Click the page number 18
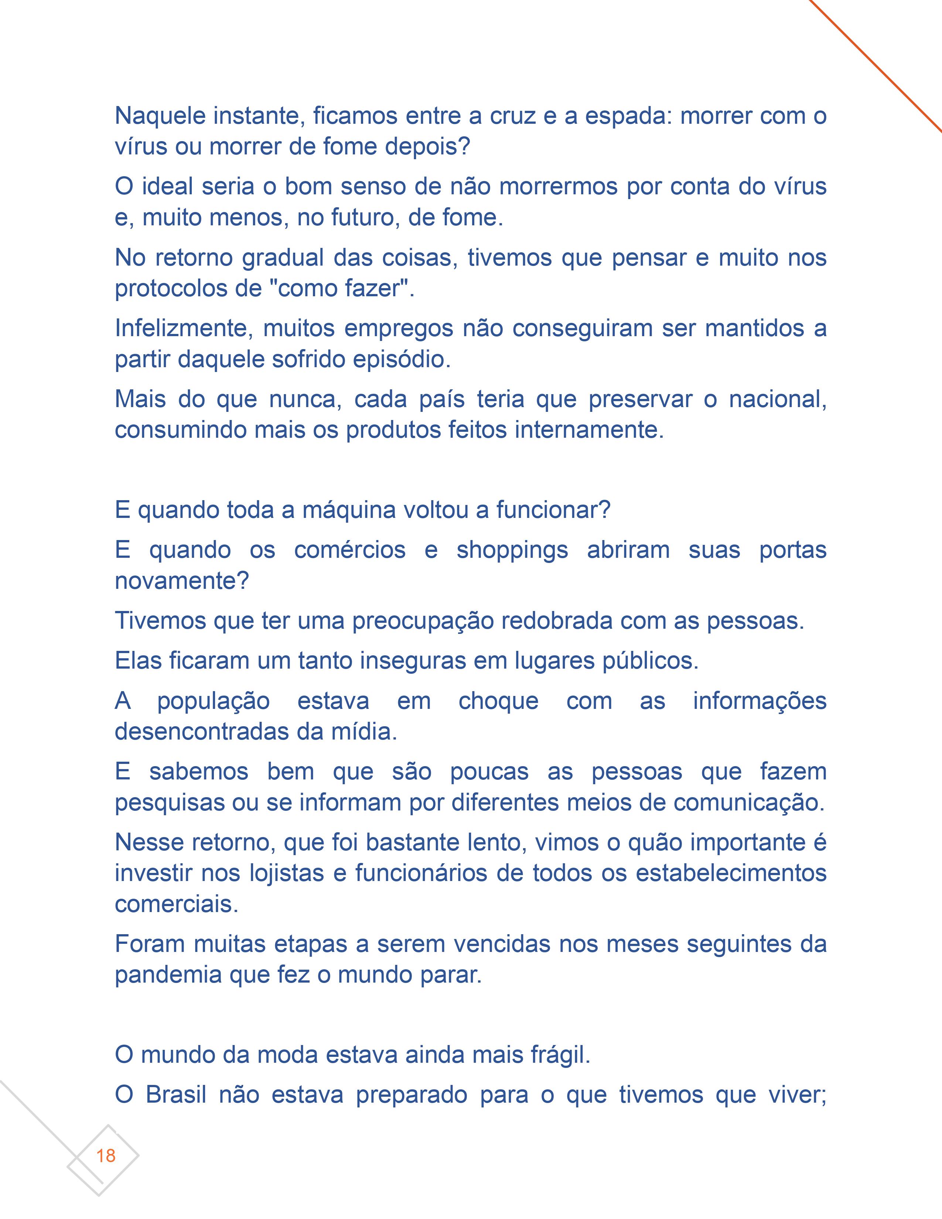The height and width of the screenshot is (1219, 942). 106,1155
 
